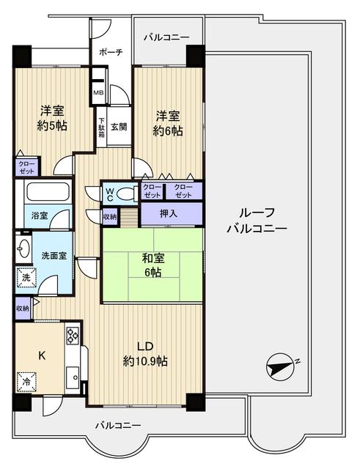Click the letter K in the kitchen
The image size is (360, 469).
42,355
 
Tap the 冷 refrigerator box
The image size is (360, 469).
26,383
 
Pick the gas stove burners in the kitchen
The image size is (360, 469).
73,336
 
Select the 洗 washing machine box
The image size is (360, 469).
23,279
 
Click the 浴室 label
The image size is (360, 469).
39,217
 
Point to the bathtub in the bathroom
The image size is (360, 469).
47,193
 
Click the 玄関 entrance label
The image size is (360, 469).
120,126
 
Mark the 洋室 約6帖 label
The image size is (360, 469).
168,123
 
